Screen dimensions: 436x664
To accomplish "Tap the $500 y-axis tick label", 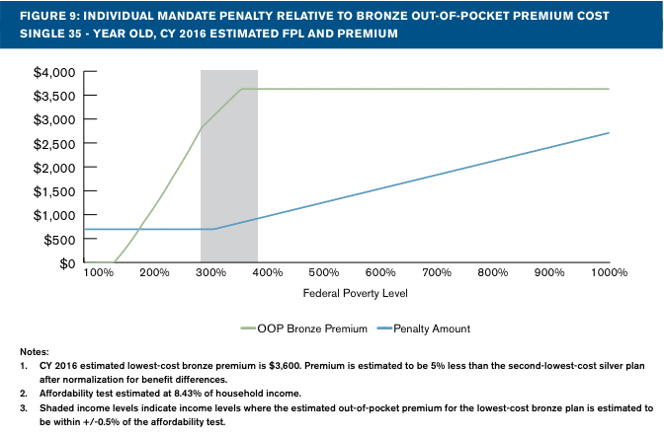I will [x=61, y=240].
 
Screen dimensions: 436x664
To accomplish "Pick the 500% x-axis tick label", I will [x=323, y=272].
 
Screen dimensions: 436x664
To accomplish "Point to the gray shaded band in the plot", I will [x=228, y=168].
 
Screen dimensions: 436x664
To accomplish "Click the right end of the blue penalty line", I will [x=609, y=133].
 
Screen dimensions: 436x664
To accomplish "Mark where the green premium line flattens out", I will [x=242, y=89].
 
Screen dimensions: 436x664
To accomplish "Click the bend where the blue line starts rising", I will [x=213, y=229].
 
